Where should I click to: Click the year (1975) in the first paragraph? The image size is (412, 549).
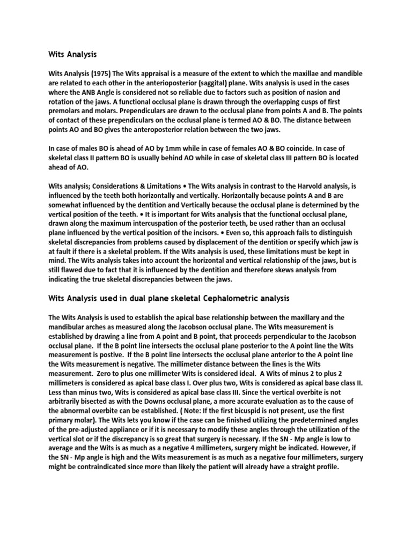point(99,73)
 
